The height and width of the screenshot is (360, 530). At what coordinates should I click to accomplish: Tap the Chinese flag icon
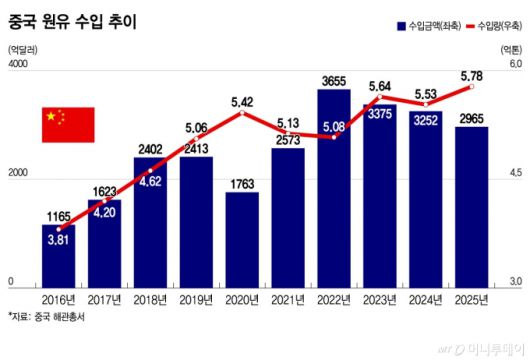click(x=67, y=124)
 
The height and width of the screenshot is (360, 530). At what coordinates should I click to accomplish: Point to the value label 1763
click(x=242, y=183)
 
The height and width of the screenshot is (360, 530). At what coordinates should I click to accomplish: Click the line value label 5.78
click(x=472, y=74)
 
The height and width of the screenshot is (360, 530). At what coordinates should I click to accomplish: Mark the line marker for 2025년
click(x=472, y=87)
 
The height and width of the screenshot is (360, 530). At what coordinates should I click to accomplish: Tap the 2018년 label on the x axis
click(x=150, y=298)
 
